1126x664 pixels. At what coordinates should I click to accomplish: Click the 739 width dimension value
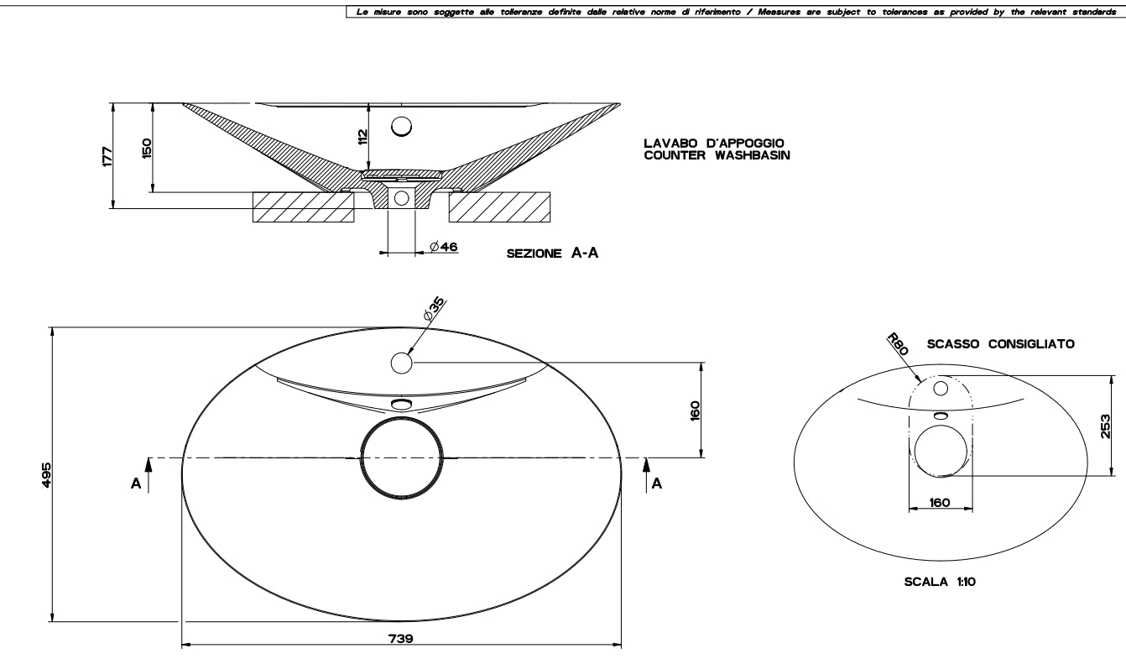401,638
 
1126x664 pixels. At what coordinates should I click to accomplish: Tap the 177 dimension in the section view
107,155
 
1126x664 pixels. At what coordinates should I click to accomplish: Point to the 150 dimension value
147,148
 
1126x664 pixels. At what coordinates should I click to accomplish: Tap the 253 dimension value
1107,426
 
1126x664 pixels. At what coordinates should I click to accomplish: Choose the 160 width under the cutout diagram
940,503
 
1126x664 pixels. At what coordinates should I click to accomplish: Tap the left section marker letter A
136,484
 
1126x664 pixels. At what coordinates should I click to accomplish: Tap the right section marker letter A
657,484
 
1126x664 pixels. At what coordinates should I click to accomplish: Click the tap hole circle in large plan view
401,363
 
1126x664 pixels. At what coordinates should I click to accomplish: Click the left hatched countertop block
304,207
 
